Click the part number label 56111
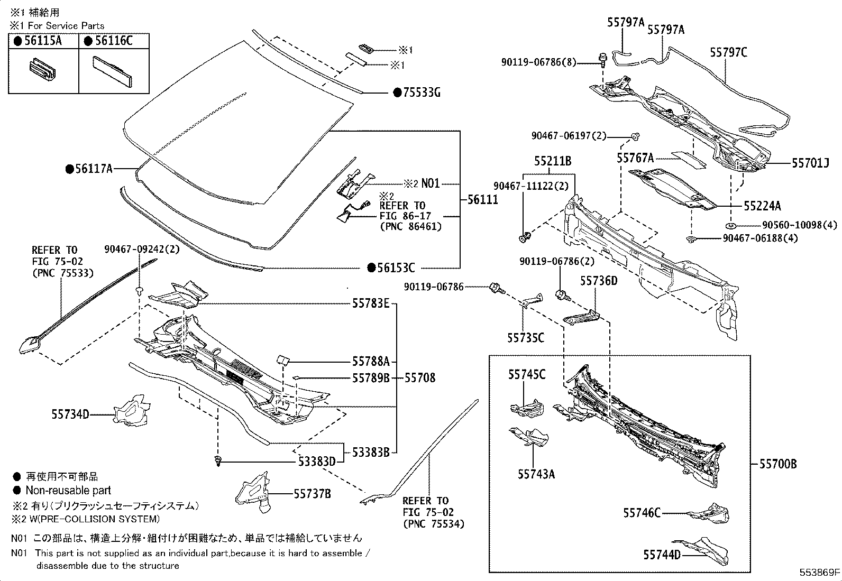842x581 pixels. (x=483, y=200)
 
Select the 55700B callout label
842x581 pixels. (x=778, y=464)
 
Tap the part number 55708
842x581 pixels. (x=420, y=377)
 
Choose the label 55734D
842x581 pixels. (x=70, y=414)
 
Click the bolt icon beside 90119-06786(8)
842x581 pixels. (x=602, y=59)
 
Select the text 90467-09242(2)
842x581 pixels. (x=141, y=250)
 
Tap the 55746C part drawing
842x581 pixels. (x=709, y=513)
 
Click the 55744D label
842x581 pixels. (x=662, y=555)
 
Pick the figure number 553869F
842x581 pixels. (x=819, y=572)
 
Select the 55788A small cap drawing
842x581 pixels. (x=282, y=360)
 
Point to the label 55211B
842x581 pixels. (x=552, y=161)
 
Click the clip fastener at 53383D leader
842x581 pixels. (x=218, y=461)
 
